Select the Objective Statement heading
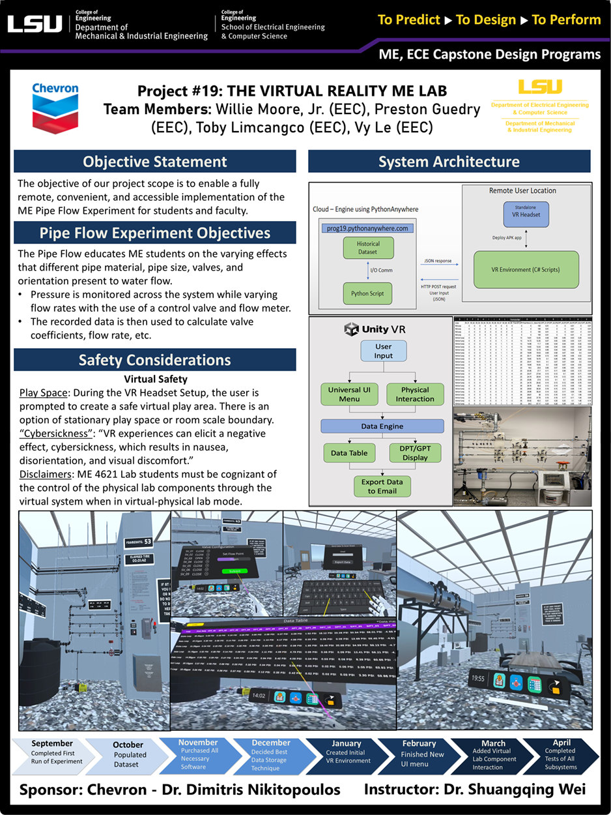click(x=155, y=161)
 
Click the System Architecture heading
click(x=449, y=161)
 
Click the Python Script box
click(x=369, y=293)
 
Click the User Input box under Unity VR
click(x=383, y=351)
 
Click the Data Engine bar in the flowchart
click(x=382, y=426)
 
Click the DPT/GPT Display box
click(x=415, y=452)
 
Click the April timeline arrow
click(x=560, y=754)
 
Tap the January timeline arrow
click(x=346, y=754)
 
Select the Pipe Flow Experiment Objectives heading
click(x=155, y=233)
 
